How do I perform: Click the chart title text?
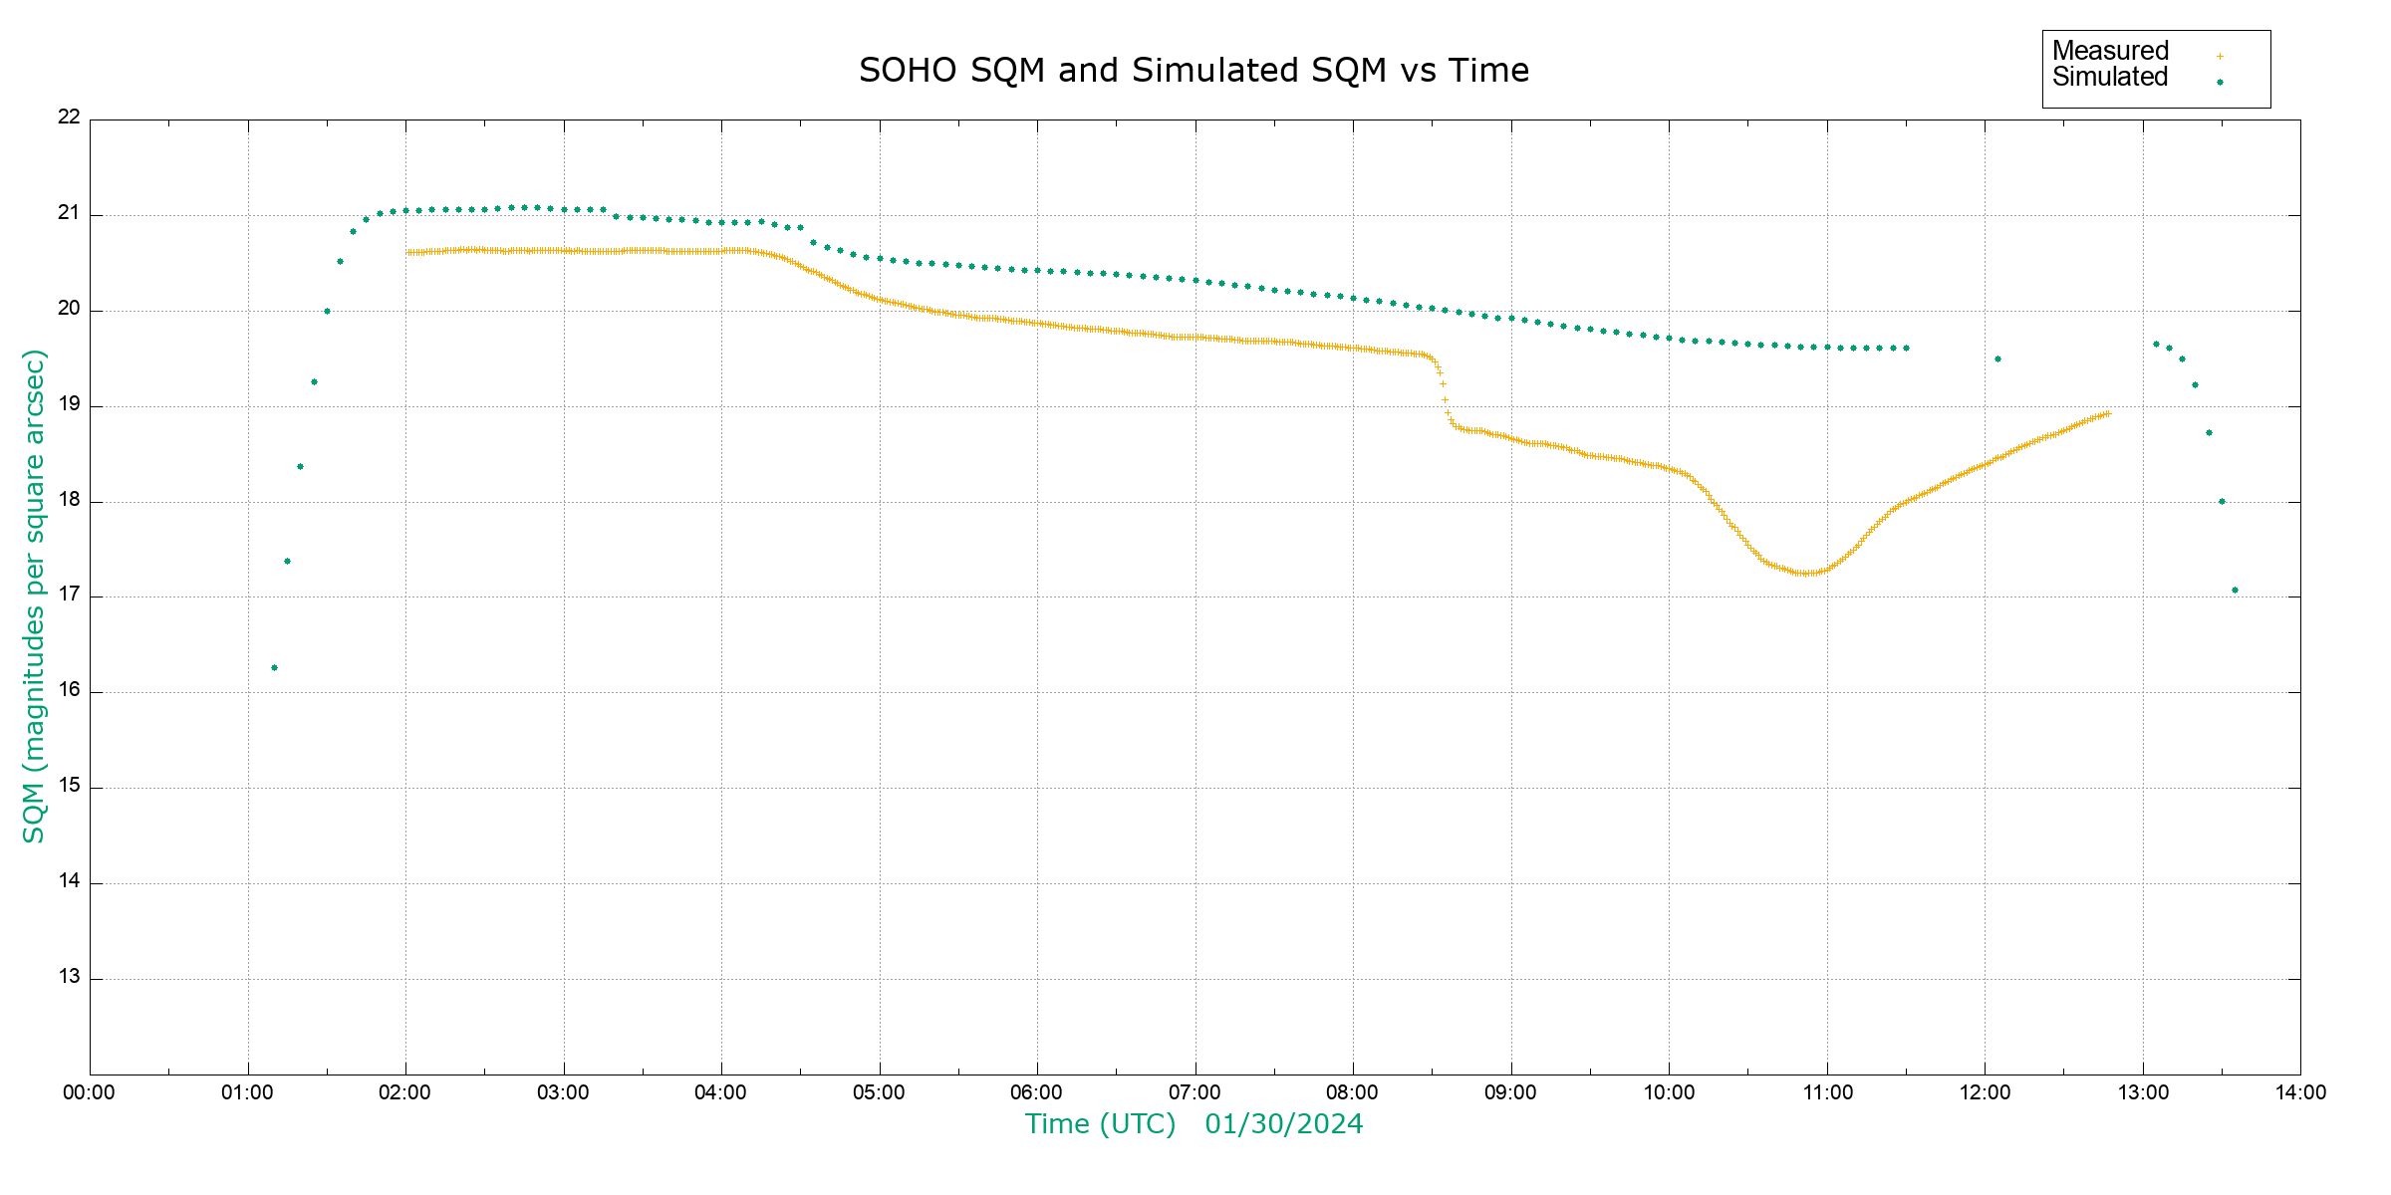click(1194, 71)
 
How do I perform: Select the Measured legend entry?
click(2110, 51)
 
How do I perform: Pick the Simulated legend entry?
click(2110, 78)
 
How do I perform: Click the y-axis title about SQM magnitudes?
click(35, 596)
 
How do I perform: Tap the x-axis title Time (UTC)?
click(1100, 1124)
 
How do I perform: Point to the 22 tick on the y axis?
click(69, 117)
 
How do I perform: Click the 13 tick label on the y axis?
click(69, 977)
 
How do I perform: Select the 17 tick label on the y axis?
click(69, 596)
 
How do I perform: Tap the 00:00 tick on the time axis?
click(89, 1092)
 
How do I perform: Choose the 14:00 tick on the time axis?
click(2300, 1092)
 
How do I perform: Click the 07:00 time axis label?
click(1195, 1092)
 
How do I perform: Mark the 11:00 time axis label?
click(1827, 1092)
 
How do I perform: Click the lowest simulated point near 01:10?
click(274, 668)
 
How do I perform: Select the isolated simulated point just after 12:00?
click(1997, 359)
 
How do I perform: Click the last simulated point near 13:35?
click(2235, 591)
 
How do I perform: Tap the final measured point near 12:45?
click(2107, 413)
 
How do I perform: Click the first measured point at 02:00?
click(407, 253)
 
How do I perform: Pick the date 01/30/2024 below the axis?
click(1283, 1124)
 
